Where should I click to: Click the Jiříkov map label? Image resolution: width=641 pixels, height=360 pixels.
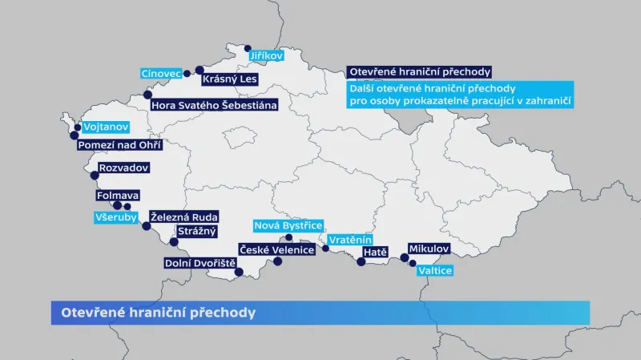point(266,56)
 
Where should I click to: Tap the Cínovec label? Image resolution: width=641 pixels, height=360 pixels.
point(161,73)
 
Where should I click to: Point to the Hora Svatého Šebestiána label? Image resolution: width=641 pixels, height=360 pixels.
point(214,105)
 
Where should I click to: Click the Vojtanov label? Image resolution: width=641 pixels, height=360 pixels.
point(105,127)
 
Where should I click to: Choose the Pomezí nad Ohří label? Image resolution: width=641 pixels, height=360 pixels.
point(120,145)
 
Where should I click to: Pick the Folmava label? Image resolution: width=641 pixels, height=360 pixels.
point(118,195)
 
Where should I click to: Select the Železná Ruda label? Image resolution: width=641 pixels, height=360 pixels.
point(184,217)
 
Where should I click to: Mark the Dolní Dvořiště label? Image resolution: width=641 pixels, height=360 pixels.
point(200,262)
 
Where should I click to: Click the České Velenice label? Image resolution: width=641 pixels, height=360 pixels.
point(276,250)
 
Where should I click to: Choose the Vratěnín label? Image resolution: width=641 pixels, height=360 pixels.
point(350,239)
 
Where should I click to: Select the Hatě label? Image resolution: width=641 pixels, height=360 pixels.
point(375,252)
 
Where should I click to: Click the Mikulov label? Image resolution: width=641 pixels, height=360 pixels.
point(429,249)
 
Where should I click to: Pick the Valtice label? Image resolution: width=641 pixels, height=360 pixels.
point(435,271)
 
